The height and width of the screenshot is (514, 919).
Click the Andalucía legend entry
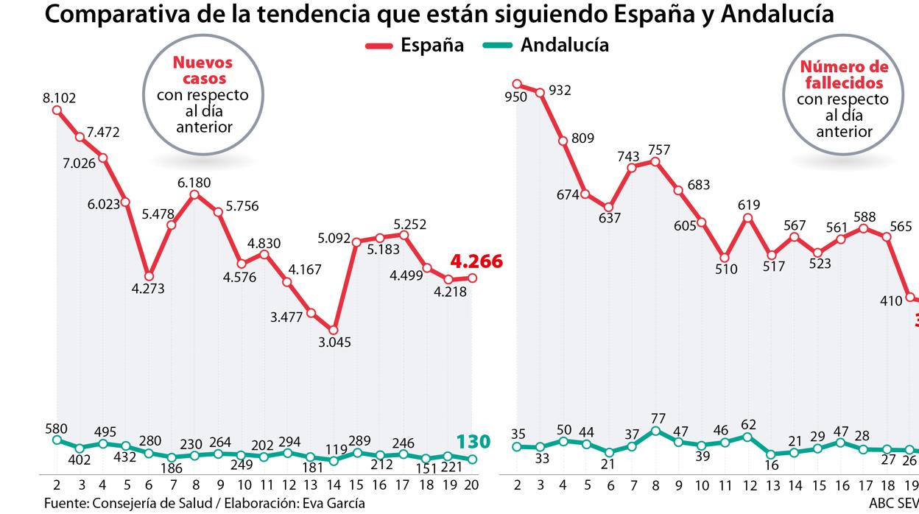(545, 46)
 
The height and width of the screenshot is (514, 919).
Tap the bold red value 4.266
(476, 261)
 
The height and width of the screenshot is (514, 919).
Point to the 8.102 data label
(60, 97)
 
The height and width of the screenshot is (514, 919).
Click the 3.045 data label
(335, 342)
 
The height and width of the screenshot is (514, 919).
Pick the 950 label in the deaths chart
(516, 96)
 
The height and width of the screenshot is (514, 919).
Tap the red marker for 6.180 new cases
(194, 194)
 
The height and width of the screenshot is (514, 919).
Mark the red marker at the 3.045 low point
(334, 330)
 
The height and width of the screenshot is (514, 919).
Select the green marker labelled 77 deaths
(655, 430)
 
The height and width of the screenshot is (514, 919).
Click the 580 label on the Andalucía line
(55, 428)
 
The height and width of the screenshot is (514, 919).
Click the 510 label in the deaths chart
(726, 270)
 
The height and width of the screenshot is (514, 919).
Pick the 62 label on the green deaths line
(749, 424)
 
